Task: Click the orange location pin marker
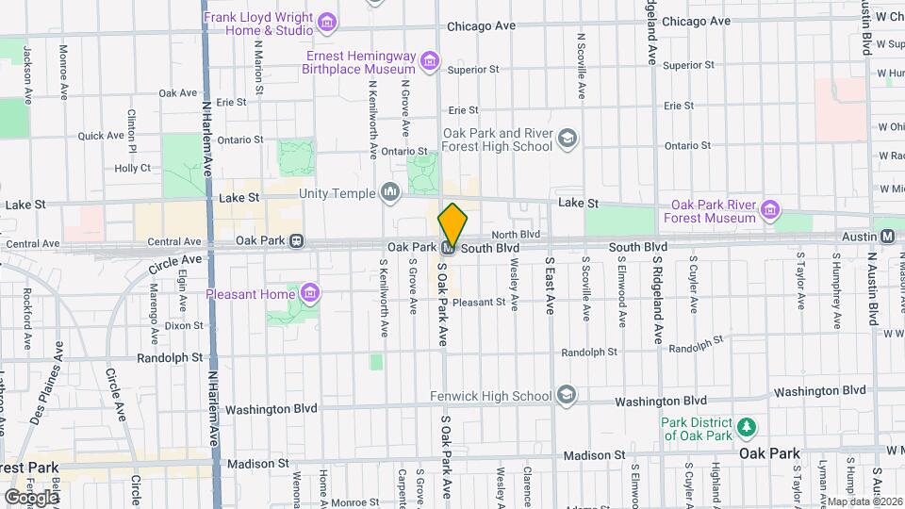tap(452, 225)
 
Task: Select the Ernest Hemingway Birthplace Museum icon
tap(430, 62)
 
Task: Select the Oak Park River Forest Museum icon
tap(770, 210)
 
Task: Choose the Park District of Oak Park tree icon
tap(747, 428)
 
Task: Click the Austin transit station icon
tap(887, 236)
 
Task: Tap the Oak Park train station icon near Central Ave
tap(297, 240)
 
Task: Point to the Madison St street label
tap(257, 464)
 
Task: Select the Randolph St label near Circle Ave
tap(170, 358)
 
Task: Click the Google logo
tap(31, 496)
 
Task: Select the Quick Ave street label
tap(101, 136)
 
